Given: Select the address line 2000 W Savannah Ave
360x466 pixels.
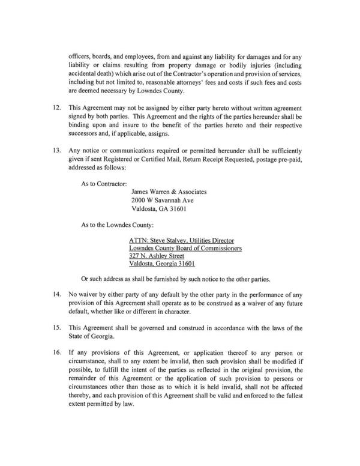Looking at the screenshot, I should [x=162, y=200].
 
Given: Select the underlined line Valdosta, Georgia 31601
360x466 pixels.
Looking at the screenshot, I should [x=163, y=264].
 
